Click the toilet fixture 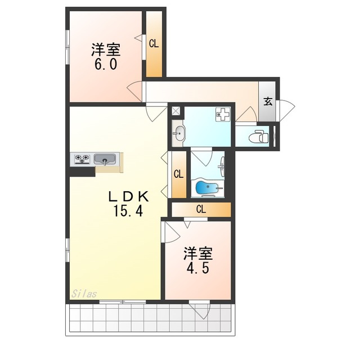(x=259, y=136)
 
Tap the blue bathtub (x=207, y=187)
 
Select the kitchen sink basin (x=105, y=159)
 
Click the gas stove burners (x=82, y=159)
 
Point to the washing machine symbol (x=223, y=114)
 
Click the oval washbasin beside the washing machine (x=179, y=133)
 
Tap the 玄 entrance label (x=268, y=101)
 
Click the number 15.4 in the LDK (x=128, y=211)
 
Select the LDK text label (x=128, y=196)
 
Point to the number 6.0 (x=106, y=64)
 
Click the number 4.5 (x=197, y=268)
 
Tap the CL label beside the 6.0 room (x=154, y=43)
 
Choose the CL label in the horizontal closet (x=201, y=209)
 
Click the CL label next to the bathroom (x=179, y=174)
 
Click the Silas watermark (x=84, y=294)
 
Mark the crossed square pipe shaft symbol (x=176, y=111)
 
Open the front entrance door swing (x=286, y=110)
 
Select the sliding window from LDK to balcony (x=123, y=301)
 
